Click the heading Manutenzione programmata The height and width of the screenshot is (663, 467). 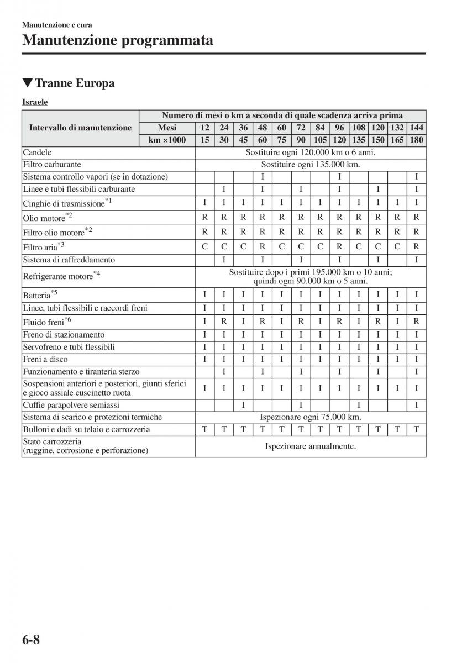tap(118, 40)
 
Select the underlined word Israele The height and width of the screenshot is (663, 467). tap(35, 102)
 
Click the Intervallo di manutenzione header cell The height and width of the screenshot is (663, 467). tap(81, 128)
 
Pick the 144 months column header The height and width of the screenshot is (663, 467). tap(417, 128)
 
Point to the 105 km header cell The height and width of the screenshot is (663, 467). tap(320, 140)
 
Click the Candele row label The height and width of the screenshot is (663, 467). tap(37, 152)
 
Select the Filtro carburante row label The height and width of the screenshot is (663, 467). tap(52, 164)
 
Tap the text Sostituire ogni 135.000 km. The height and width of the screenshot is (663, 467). tap(310, 164)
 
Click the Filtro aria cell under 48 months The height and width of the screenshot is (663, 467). tap(263, 246)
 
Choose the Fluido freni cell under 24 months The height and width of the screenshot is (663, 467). tap(224, 321)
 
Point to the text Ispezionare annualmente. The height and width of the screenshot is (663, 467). tap(310, 446)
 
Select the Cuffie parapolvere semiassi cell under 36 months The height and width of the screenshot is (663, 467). tap(243, 405)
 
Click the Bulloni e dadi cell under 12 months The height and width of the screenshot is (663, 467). tap(204, 429)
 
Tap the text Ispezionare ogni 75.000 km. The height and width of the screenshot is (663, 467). tap(310, 417)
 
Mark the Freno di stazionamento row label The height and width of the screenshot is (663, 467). tap(64, 334)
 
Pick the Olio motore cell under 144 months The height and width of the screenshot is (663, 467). tap(417, 217)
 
